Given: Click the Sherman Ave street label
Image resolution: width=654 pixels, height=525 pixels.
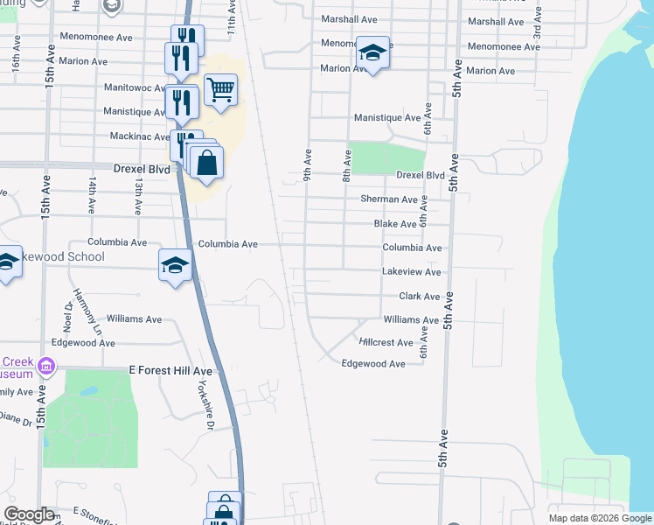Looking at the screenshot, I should [389, 199].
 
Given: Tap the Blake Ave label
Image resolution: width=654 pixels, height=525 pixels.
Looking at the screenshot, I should [395, 224].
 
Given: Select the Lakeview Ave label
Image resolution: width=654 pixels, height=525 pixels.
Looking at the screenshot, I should [412, 272].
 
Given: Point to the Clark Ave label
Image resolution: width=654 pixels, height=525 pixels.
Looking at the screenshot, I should [420, 297].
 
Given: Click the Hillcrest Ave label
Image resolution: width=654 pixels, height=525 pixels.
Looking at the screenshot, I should [386, 343].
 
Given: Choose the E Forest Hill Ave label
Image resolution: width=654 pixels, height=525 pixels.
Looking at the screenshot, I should [170, 371].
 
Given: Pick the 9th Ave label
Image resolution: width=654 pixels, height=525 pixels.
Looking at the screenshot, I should [308, 164].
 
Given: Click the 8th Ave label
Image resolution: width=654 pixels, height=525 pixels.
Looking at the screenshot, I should [347, 164].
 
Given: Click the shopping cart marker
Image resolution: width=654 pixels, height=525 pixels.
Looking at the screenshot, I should [221, 89].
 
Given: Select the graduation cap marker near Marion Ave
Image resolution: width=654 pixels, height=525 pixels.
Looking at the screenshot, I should [372, 53].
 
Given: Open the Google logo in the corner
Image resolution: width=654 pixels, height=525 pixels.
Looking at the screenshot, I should [29, 514].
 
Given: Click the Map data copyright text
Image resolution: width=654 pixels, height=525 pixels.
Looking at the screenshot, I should [601, 518].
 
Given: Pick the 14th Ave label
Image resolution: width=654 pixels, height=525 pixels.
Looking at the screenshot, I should [92, 195].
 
